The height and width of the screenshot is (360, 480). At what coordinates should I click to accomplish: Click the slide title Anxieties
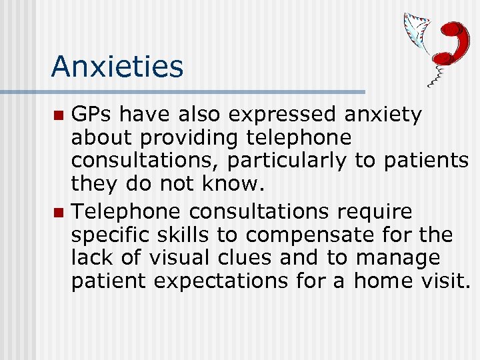pyautogui.click(x=117, y=67)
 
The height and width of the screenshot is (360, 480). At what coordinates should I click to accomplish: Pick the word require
pyautogui.click(x=375, y=212)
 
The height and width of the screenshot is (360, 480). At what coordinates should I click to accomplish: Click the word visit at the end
pyautogui.click(x=445, y=281)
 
